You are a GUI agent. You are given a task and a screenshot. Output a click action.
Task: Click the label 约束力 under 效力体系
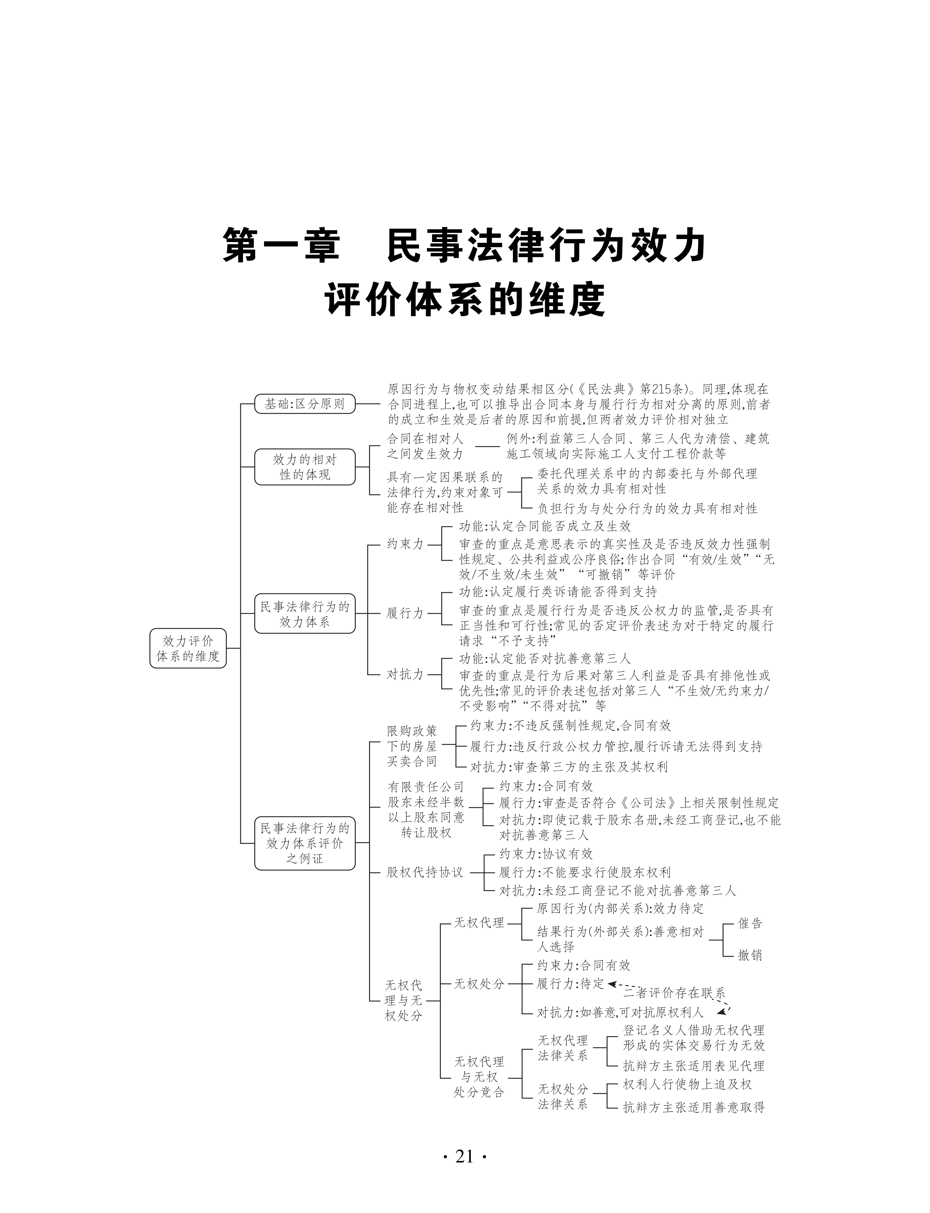pyautogui.click(x=405, y=544)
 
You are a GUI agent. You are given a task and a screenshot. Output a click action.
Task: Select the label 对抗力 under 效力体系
pyautogui.click(x=405, y=674)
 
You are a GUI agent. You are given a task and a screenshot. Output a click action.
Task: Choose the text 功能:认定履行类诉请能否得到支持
pyautogui.click(x=558, y=591)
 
